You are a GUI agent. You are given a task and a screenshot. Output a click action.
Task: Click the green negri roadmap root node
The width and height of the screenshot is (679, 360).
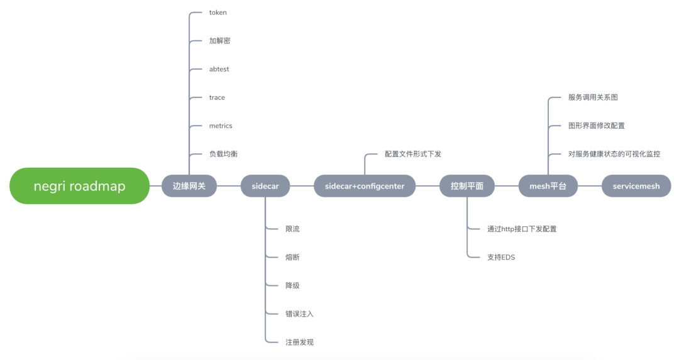point(79,186)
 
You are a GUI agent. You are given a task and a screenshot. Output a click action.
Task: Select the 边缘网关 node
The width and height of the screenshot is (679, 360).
point(189,186)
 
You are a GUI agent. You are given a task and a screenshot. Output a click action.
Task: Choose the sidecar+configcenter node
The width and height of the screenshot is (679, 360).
point(365,186)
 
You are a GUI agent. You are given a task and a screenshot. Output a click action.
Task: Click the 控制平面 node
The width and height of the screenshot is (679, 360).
point(467,186)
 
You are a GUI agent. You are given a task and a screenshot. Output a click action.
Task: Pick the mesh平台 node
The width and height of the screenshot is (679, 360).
point(548,186)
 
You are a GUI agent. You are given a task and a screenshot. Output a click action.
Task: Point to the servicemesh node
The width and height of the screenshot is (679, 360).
point(636,186)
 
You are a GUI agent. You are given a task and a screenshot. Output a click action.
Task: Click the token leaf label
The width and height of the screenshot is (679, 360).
point(218,13)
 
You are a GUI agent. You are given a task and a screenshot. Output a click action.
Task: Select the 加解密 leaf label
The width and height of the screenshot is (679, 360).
point(219,41)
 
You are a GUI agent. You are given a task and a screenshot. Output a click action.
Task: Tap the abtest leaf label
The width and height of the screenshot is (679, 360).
point(219,69)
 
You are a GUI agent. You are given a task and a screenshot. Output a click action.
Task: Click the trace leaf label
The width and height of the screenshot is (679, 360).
point(217,97)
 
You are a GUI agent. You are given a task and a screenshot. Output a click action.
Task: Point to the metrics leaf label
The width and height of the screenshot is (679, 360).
point(221,126)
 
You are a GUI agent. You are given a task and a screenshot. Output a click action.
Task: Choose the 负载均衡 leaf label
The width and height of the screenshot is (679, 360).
point(223,154)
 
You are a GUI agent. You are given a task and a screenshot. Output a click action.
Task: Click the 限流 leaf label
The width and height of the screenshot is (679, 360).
point(292,229)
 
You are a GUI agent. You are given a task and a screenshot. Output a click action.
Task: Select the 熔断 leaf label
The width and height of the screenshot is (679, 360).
point(292,257)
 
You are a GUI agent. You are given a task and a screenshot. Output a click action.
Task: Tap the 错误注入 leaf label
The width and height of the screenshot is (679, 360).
point(299,314)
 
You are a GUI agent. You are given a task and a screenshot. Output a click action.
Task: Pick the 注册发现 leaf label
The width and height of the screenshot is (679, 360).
point(299,342)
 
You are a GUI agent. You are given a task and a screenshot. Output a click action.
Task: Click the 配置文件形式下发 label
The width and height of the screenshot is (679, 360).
point(413,154)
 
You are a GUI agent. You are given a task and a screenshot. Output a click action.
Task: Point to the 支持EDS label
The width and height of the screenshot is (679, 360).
point(501,257)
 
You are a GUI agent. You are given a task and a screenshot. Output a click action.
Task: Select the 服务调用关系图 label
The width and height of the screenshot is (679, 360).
point(593,97)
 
